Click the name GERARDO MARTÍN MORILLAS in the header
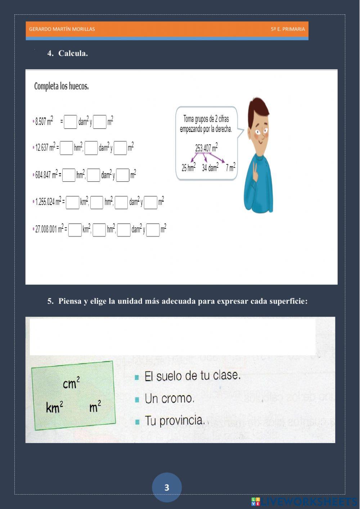(62, 29)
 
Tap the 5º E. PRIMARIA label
(288, 29)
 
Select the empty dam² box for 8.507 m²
(71, 122)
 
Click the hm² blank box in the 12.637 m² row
(66, 148)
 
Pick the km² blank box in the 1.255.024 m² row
(72, 202)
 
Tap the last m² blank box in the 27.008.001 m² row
(153, 230)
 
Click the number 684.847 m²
(46, 175)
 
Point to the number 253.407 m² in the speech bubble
(206, 148)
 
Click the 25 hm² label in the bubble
(188, 168)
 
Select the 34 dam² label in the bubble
(210, 168)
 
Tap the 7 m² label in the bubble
(230, 168)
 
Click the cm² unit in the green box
(71, 383)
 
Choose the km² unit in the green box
(55, 407)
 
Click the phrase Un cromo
(169, 399)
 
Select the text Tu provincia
(175, 421)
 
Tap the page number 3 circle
(167, 487)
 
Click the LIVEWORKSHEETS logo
(304, 501)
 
